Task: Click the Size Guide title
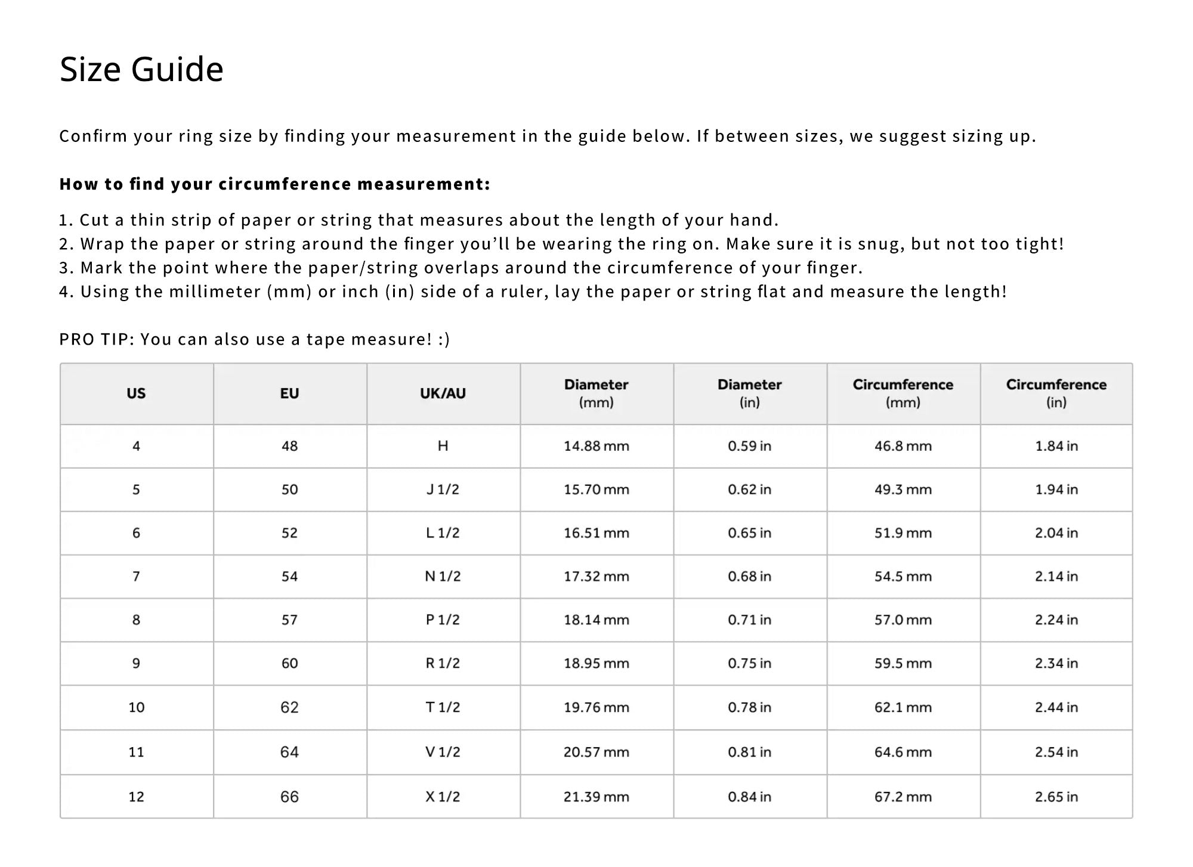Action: point(141,69)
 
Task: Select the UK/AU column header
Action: point(443,394)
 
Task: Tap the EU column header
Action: point(289,394)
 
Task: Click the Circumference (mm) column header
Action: point(903,394)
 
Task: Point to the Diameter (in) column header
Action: point(749,394)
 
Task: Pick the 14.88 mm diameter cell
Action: point(596,446)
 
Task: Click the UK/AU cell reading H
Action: point(443,446)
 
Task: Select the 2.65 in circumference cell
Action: point(1056,797)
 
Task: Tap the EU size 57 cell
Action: point(289,620)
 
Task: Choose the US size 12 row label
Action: point(136,797)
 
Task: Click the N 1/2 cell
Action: point(443,577)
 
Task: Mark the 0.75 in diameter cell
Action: point(749,664)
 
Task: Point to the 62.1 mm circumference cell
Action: point(903,707)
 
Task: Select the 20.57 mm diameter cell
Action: point(596,752)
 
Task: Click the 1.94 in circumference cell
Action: point(1056,490)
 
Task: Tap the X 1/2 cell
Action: point(443,797)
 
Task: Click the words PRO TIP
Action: point(97,339)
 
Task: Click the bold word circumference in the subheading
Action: point(285,184)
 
